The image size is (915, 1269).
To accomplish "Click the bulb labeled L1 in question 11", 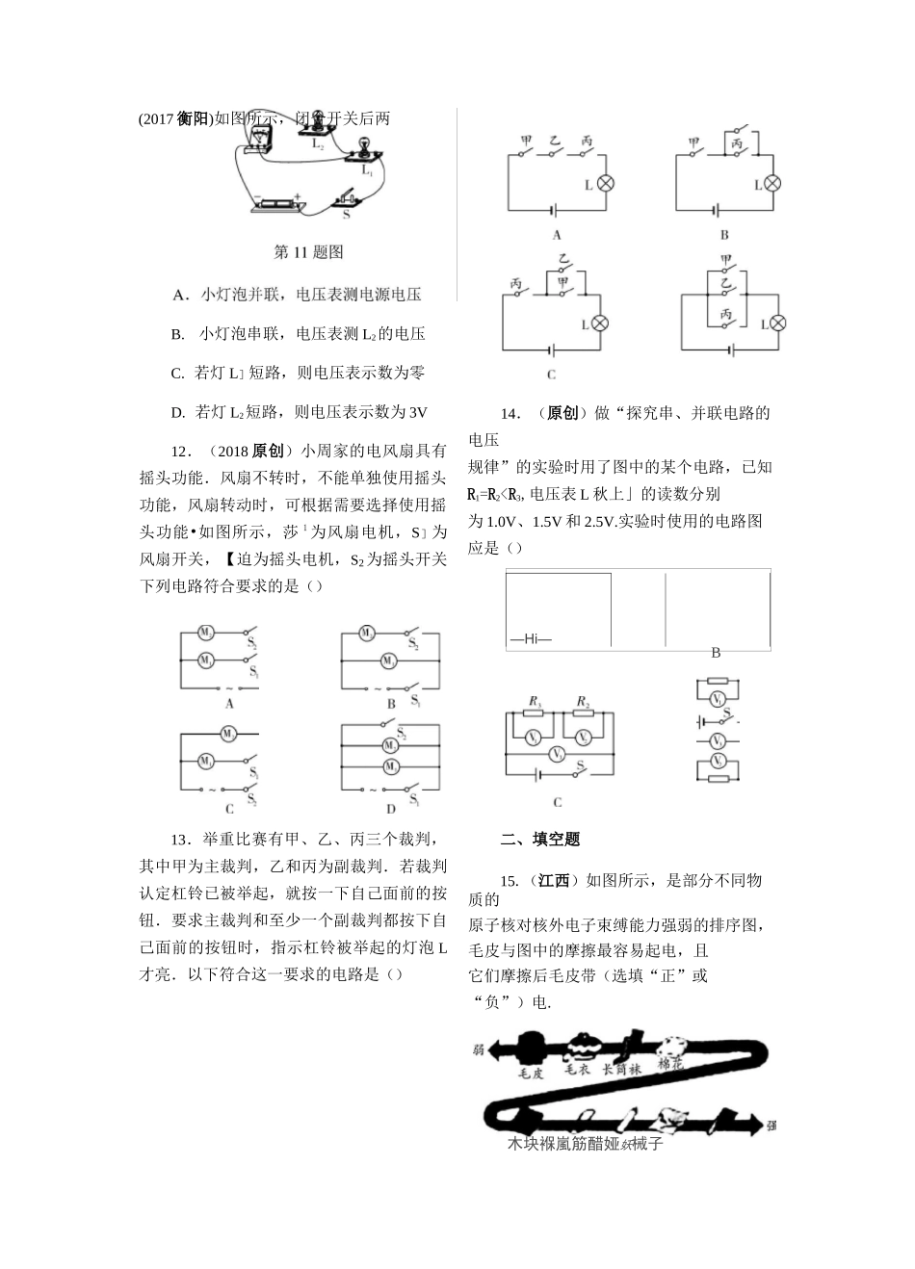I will click(x=365, y=146).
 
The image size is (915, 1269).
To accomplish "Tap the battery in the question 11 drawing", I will click(x=279, y=204).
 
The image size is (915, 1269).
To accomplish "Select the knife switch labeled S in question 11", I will click(x=349, y=199).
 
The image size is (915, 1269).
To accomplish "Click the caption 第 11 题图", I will click(x=308, y=252).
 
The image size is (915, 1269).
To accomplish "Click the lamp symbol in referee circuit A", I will click(x=606, y=184).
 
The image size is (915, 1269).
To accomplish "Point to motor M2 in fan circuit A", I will click(x=205, y=633).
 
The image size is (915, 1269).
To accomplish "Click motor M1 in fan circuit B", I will click(x=388, y=660).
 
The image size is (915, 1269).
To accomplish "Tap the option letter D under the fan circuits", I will click(x=392, y=810).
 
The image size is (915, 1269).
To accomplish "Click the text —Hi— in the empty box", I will click(x=531, y=637).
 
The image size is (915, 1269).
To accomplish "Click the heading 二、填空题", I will click(x=540, y=839).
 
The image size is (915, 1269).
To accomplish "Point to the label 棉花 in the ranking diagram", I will click(x=671, y=1065).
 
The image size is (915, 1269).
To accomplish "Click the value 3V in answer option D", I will click(x=417, y=412).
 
